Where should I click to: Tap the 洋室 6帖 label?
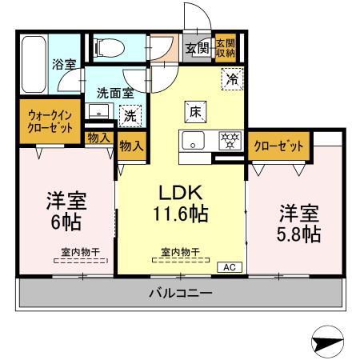tap(66, 210)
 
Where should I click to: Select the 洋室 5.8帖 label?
tap(299, 223)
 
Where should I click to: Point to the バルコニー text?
tap(180, 294)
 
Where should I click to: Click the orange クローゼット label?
tap(279, 146)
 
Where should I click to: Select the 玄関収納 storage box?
tap(225, 48)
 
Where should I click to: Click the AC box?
tap(226, 267)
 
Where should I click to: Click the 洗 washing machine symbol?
tap(130, 114)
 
